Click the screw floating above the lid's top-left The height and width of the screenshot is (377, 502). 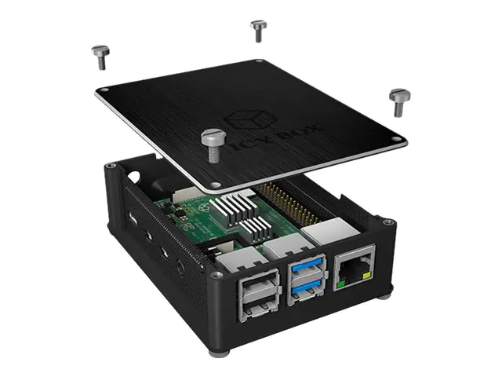(101, 57)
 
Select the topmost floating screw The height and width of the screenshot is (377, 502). (258, 31)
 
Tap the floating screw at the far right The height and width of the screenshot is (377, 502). (399, 102)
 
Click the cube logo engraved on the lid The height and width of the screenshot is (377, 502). (250, 119)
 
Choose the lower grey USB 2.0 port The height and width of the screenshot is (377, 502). (258, 309)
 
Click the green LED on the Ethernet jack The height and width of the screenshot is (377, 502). (341, 284)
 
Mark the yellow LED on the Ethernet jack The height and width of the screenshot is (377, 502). (367, 275)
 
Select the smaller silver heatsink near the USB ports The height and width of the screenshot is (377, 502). (256, 229)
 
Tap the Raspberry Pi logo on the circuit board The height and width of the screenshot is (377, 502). (202, 207)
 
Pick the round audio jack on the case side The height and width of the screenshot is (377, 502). (180, 267)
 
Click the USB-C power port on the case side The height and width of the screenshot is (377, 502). (133, 219)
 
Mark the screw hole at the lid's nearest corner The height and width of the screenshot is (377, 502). (216, 185)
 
